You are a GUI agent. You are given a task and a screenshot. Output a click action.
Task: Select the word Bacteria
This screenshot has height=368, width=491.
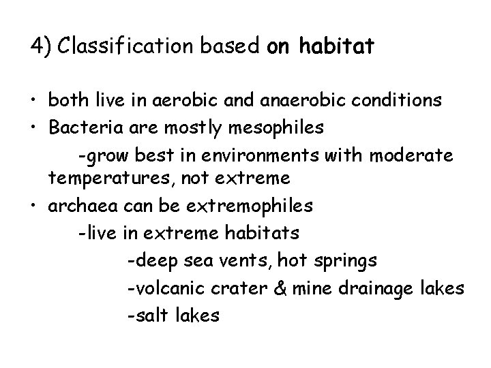pyautogui.click(x=85, y=127)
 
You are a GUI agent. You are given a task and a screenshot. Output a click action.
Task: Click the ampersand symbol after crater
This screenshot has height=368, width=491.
pyautogui.click(x=279, y=288)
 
